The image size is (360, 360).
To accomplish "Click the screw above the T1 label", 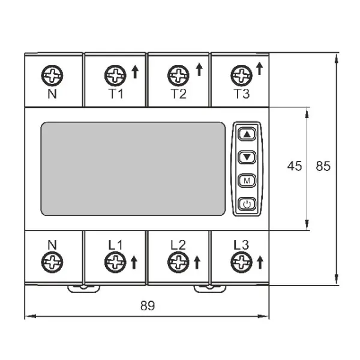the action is [115, 76].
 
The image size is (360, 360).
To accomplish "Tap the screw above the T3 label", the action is [242, 76].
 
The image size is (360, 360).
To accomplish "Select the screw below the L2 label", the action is [178, 262].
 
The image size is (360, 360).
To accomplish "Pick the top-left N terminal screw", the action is [52, 76].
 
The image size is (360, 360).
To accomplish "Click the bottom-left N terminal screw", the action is [52, 262].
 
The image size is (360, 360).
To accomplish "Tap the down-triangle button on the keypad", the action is [247, 157].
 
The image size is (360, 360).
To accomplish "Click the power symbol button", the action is [247, 204].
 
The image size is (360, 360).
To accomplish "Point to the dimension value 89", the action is [148, 305].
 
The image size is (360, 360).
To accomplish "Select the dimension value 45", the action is [295, 166].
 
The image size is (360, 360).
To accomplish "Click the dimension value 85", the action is [323, 166].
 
